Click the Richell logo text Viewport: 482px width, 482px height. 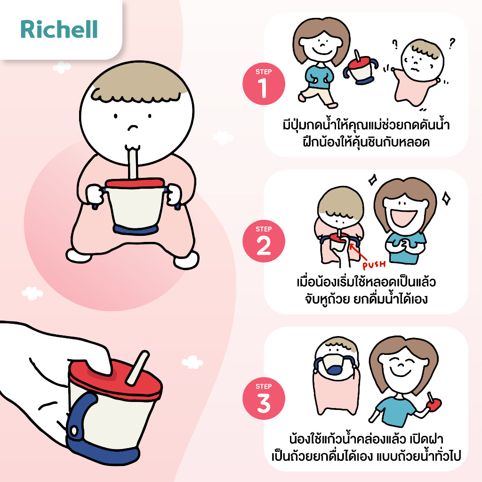59,29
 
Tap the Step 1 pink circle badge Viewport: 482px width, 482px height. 264,84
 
